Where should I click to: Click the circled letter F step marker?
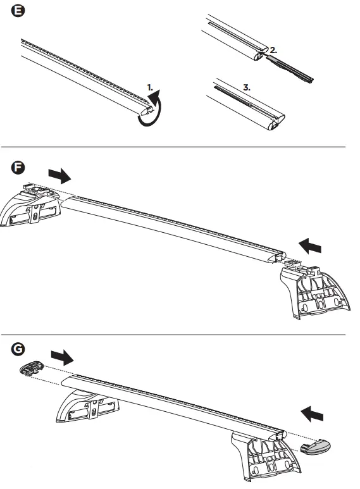tap(18, 168)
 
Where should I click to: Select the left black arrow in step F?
tap(60, 175)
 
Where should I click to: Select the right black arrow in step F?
tap(311, 245)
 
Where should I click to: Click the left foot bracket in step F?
tap(32, 209)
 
